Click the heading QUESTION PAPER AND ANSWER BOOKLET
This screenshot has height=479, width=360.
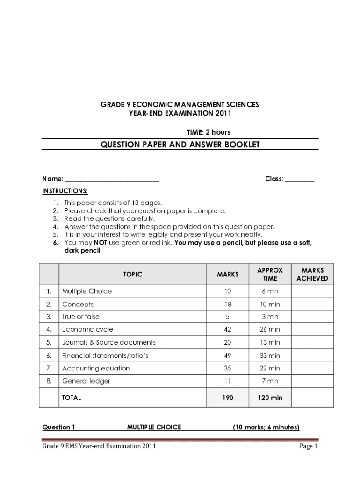tap(180, 145)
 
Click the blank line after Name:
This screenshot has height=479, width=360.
tap(112, 179)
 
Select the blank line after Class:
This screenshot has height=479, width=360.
tap(300, 179)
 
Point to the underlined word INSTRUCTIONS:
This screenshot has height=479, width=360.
tap(65, 191)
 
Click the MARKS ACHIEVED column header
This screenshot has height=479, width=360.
tap(312, 275)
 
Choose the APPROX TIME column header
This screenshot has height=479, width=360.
tap(270, 275)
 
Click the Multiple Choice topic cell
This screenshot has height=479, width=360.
tap(87, 291)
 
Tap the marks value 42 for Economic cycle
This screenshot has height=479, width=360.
tap(227, 329)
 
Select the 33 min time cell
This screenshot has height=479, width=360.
tap(270, 356)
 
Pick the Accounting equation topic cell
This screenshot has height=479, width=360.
tap(96, 368)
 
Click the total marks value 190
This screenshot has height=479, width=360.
tap(227, 398)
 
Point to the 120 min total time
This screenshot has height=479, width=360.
tap(270, 398)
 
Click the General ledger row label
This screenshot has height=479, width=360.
tap(86, 381)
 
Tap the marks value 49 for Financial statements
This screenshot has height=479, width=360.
tap(227, 356)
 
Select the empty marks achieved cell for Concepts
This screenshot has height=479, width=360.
tap(312, 305)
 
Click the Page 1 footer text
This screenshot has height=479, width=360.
tap(309, 446)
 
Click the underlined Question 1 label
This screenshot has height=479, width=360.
tap(59, 427)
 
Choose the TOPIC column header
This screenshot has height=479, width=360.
tap(133, 275)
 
